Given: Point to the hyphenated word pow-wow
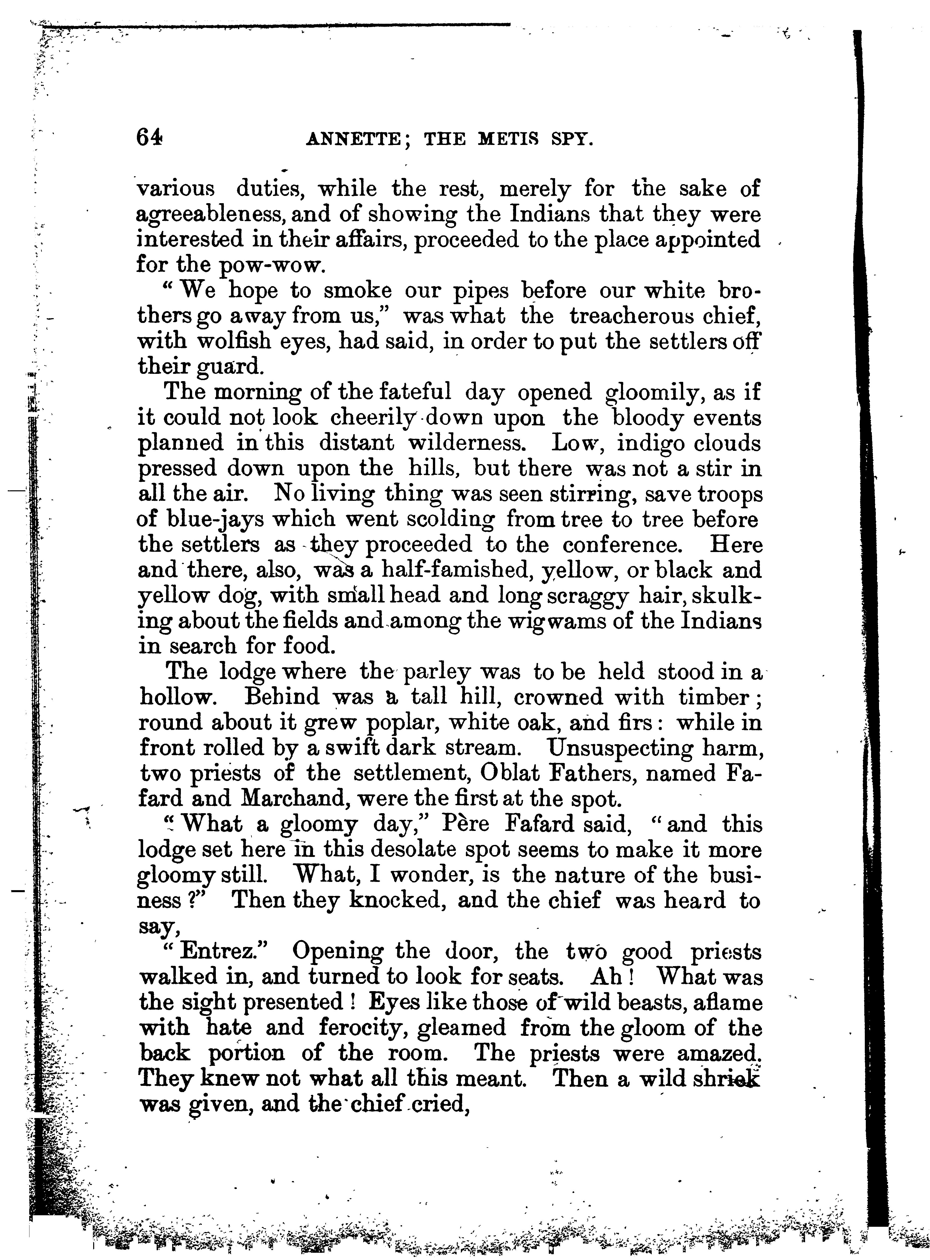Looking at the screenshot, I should (268, 265).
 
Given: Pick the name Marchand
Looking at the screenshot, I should (293, 799).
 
